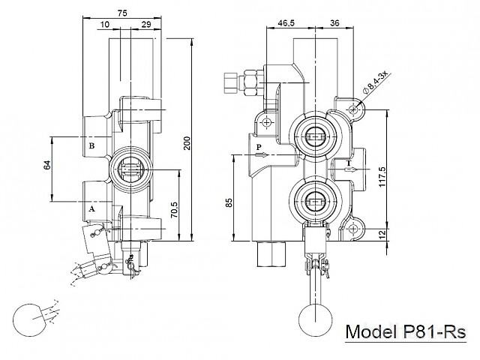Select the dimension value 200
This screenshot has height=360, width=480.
tap(187, 143)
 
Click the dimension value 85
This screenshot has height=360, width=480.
tap(229, 202)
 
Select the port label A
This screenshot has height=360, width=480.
tap(92, 209)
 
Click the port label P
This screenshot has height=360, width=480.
tap(258, 147)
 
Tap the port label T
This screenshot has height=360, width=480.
tap(348, 163)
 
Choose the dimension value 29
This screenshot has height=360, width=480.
tap(145, 25)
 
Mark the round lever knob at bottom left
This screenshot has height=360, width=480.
tap(30, 319)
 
